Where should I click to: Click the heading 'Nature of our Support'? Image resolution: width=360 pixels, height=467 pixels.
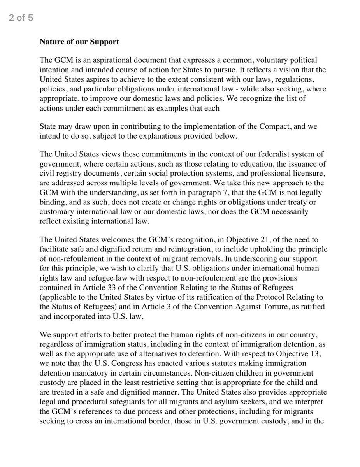79,42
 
